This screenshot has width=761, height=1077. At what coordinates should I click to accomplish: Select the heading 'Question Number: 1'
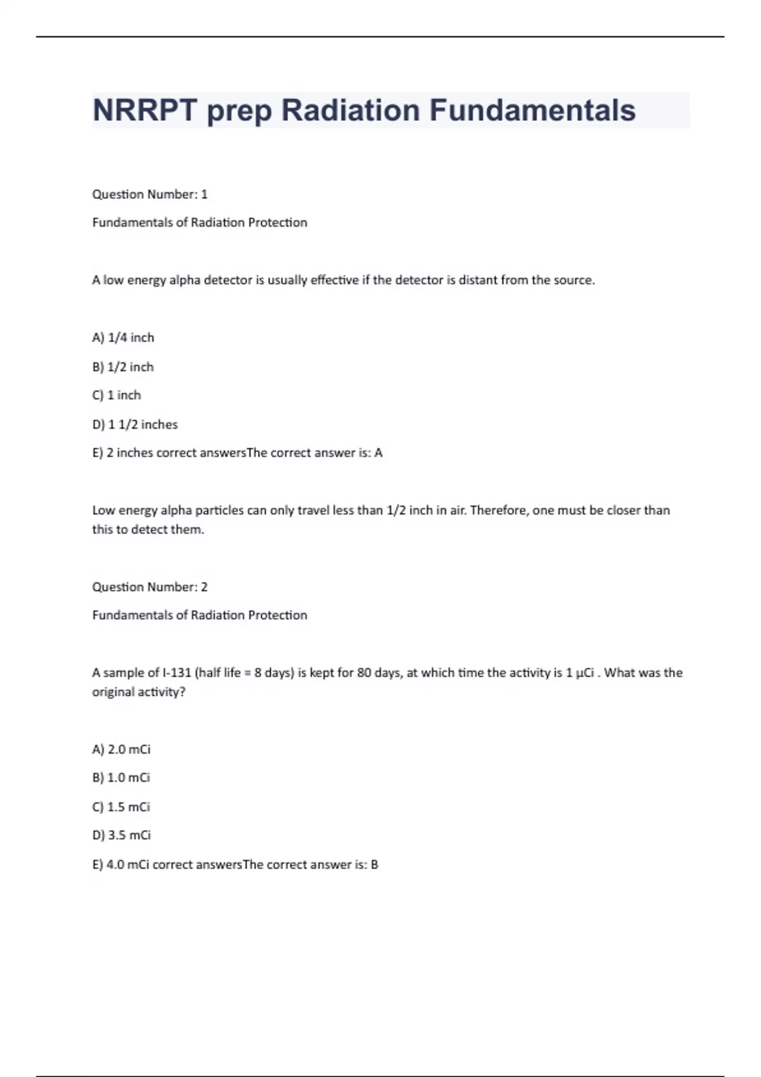click(150, 194)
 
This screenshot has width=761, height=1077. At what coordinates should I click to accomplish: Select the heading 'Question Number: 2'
click(150, 587)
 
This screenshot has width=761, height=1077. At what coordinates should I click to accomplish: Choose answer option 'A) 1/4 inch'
click(123, 338)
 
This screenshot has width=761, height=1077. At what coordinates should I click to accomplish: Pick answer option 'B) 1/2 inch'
click(123, 367)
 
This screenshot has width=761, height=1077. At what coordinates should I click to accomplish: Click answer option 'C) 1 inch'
click(117, 395)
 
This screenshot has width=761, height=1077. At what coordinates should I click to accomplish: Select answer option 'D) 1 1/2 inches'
click(135, 424)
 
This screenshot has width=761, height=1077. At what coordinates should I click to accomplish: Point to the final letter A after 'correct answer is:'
click(379, 453)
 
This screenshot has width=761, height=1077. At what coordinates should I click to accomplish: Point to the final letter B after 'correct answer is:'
click(374, 865)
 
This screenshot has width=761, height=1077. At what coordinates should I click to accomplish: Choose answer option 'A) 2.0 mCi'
click(121, 749)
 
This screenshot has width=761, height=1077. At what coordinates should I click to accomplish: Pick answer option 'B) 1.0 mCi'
click(121, 778)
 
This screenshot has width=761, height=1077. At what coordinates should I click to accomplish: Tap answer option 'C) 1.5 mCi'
click(121, 807)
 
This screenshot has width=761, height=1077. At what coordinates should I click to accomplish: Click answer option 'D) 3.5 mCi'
click(121, 836)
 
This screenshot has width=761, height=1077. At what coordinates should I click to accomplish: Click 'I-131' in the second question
click(177, 673)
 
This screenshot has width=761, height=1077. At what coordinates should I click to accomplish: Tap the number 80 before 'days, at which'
click(364, 673)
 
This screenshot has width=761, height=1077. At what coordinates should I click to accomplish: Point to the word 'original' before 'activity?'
click(113, 692)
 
